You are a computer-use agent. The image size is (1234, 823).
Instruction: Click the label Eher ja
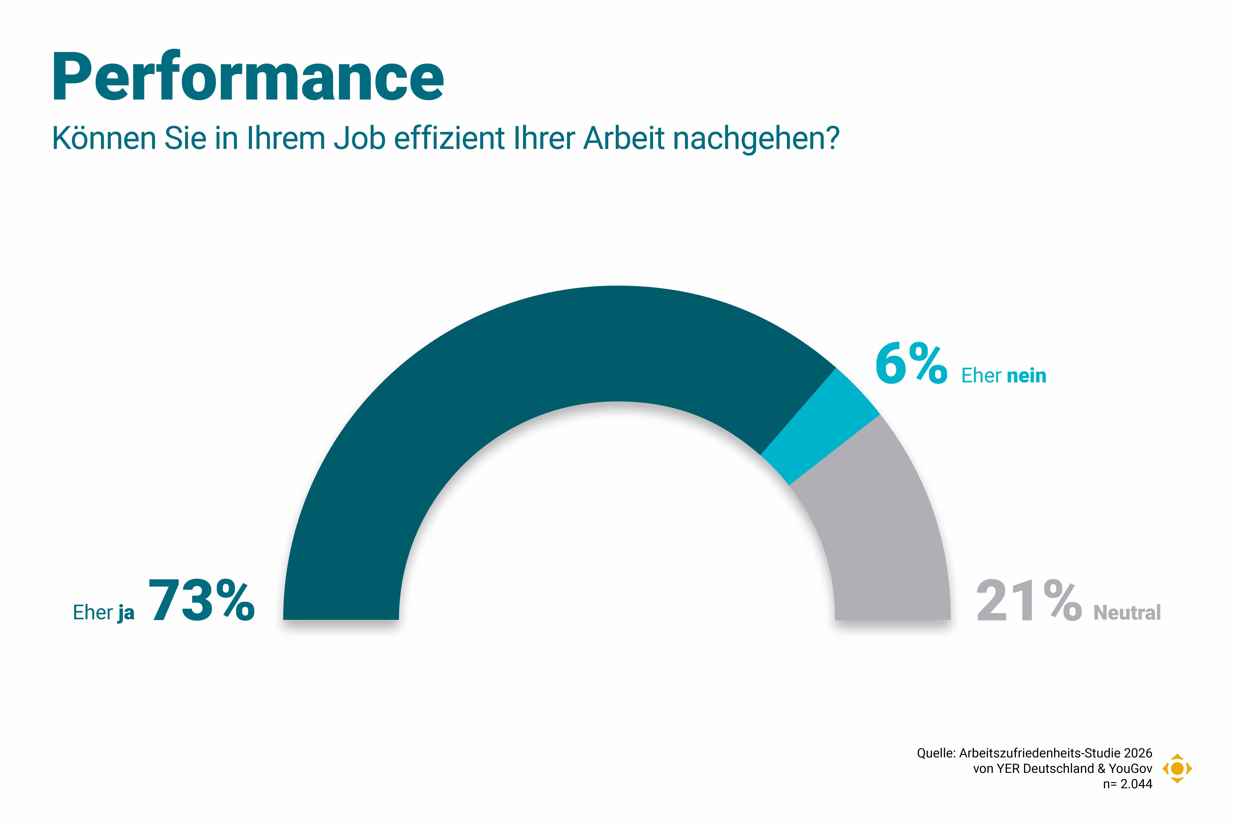click(x=104, y=613)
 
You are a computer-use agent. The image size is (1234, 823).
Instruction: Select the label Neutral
click(x=1127, y=613)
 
